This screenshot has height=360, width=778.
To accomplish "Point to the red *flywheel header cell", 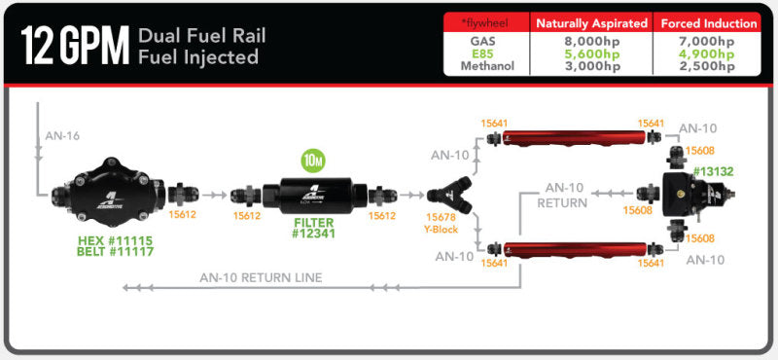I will coord(485,22).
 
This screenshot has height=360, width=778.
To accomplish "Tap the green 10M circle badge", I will coord(313,160).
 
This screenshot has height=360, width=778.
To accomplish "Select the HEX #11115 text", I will coord(114,238).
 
